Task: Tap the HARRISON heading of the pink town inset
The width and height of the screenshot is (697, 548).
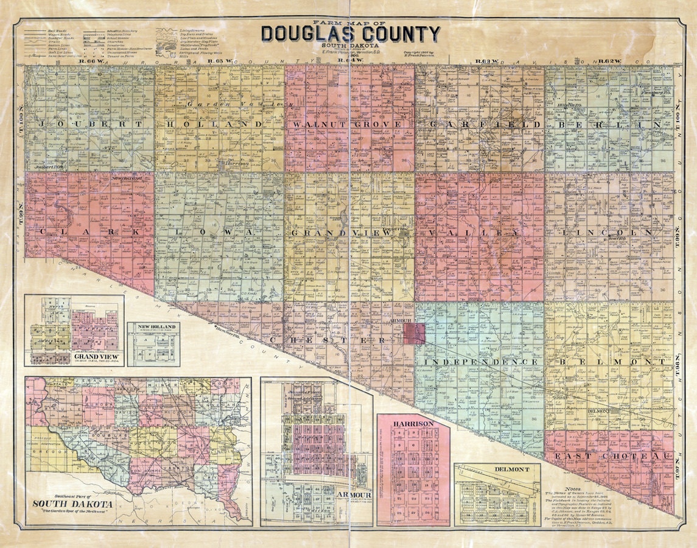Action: [x=413, y=423]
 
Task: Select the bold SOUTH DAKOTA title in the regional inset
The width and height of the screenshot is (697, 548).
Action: [x=72, y=505]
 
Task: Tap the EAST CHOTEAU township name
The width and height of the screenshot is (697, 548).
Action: [x=609, y=456]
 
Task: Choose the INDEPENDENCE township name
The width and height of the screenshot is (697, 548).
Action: [x=478, y=362]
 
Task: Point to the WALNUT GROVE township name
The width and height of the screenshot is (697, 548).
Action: [x=347, y=124]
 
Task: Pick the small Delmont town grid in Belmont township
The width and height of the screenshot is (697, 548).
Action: [x=616, y=412]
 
